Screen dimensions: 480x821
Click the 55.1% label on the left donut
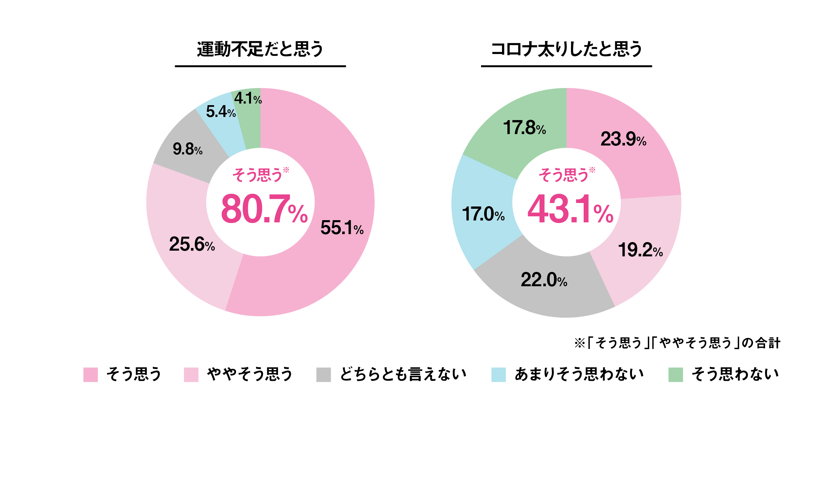342,228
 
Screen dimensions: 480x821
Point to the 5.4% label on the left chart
221,112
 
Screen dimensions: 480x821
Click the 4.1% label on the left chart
248,98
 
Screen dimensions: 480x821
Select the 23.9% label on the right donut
623,139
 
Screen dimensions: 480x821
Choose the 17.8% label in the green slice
524,128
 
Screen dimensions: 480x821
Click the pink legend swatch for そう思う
91,375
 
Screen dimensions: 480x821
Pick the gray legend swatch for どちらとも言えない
323,375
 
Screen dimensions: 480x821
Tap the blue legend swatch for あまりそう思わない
499,375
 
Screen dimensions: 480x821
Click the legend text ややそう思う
250,374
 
